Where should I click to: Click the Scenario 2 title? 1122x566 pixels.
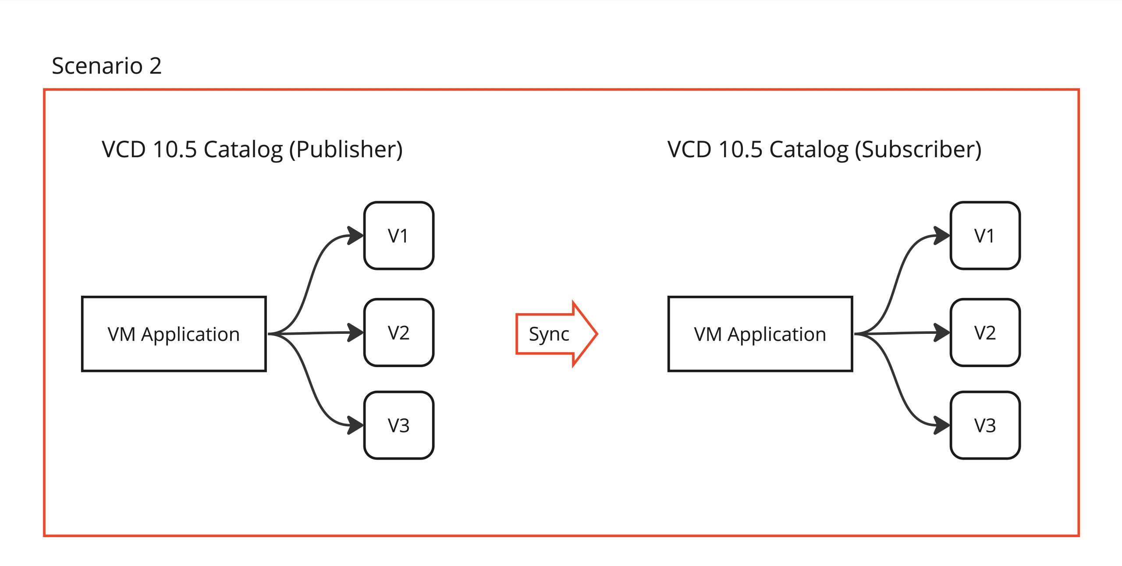[107, 66]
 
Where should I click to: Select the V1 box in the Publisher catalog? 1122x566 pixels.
[398, 236]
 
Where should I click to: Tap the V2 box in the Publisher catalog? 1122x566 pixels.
[398, 333]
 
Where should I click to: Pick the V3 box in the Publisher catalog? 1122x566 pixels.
[398, 425]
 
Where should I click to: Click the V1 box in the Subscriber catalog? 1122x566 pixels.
[985, 236]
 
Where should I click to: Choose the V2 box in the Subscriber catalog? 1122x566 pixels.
[985, 333]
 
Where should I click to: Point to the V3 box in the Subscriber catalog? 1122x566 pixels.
[985, 425]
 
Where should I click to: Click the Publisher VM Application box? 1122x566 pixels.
[174, 334]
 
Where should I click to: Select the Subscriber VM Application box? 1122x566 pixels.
[760, 334]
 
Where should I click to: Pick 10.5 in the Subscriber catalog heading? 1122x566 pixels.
[741, 149]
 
